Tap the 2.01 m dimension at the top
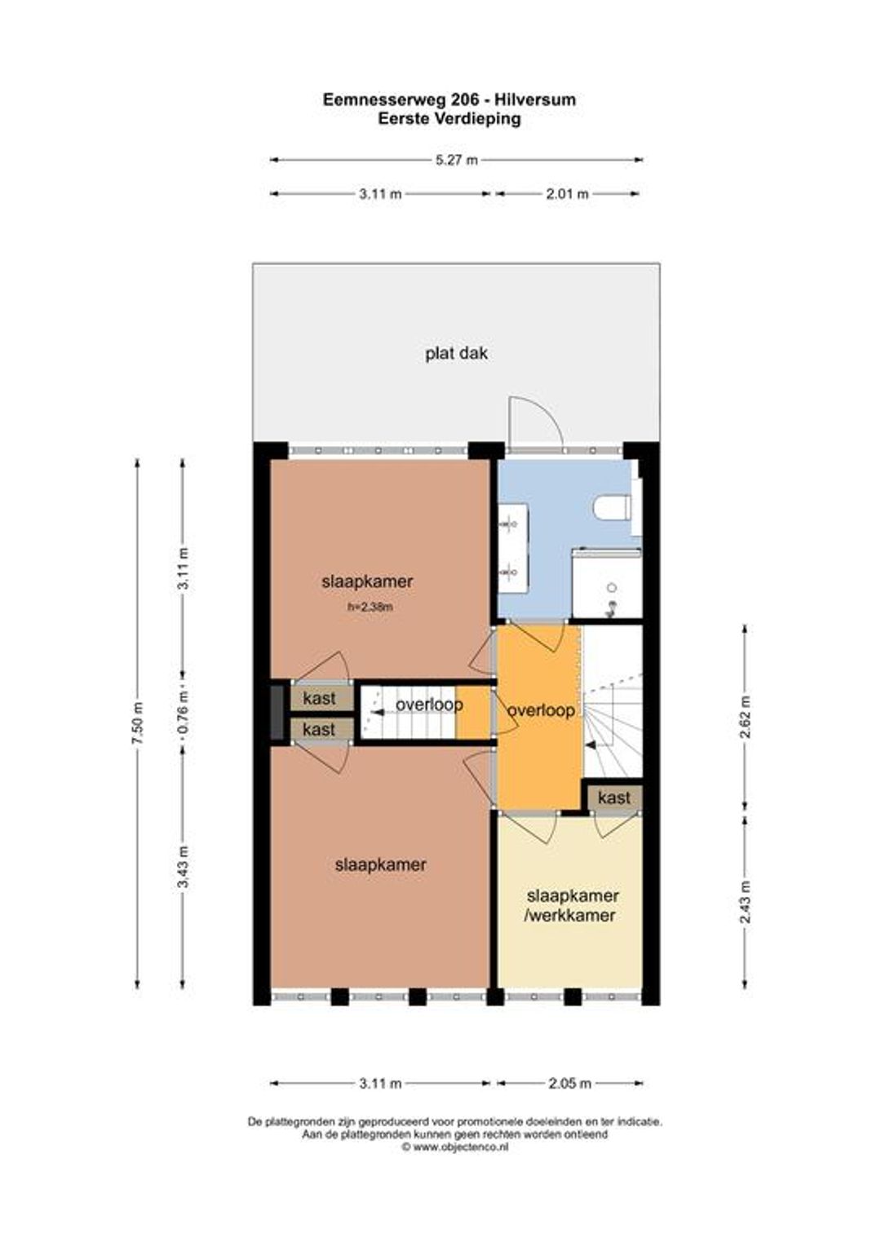567,194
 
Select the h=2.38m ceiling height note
370,607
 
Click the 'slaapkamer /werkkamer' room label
572,906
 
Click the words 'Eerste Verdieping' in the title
449,119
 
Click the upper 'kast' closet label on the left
320,698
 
